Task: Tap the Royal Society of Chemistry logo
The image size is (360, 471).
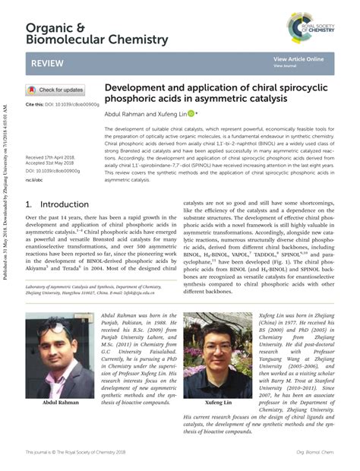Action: click(x=311, y=28)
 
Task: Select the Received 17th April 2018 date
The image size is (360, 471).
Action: click(x=52, y=156)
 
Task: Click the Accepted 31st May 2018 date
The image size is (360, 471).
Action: click(x=52, y=163)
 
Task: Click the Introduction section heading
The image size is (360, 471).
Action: click(x=56, y=205)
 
